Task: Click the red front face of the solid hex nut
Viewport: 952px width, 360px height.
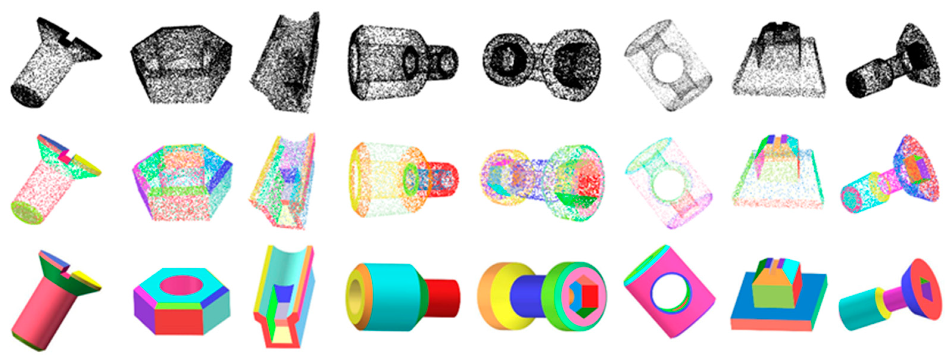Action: (x=179, y=321)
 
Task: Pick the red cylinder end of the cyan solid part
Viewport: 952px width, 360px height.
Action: (x=443, y=298)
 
